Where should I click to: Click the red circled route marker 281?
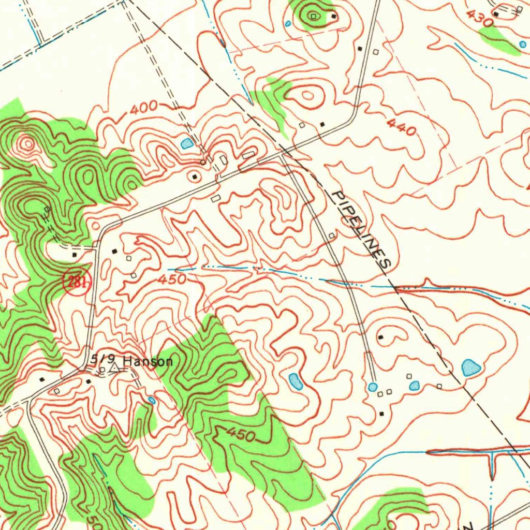tap(77, 282)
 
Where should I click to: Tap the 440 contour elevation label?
tap(400, 127)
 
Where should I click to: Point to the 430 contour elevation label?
tap(480, 19)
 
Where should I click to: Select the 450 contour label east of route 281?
tap(171, 279)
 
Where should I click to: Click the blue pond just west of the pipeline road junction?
tap(187, 143)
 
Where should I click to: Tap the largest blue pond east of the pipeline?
tap(470, 367)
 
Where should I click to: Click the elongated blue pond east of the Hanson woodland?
tap(295, 381)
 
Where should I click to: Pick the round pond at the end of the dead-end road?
tap(373, 387)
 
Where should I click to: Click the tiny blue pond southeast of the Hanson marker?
tap(151, 400)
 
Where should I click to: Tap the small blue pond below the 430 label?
tap(522, 45)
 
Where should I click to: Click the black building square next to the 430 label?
tap(496, 14)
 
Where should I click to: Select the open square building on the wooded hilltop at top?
tap(313, 17)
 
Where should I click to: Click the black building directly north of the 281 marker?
tap(75, 255)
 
